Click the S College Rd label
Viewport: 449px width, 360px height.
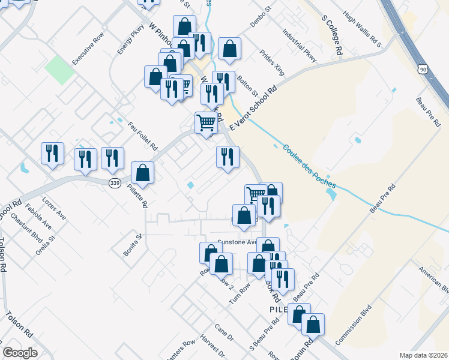click(332, 37)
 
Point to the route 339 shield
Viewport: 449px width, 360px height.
click(115, 182)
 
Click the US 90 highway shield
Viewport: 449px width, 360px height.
click(423, 70)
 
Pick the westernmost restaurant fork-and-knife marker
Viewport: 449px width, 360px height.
click(52, 153)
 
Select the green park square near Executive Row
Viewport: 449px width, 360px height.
click(60, 70)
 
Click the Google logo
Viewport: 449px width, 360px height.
click(20, 353)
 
